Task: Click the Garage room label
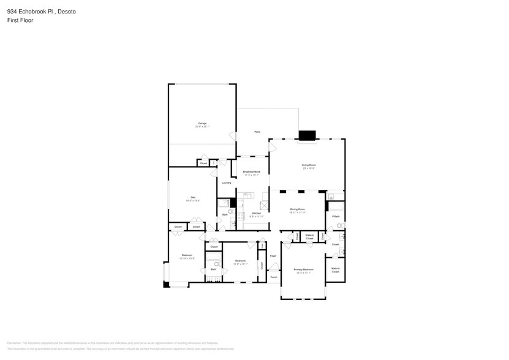[x=202, y=124]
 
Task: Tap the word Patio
[x=258, y=132]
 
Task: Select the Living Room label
[x=308, y=165]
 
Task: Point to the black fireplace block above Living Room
[x=306, y=135]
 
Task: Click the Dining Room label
[x=298, y=210]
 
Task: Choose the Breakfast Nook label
[x=252, y=172]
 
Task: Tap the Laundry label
[x=226, y=182]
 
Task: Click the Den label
[x=192, y=197]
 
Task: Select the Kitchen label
[x=255, y=214]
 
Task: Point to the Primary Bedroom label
[x=303, y=269]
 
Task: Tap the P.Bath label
[x=336, y=216]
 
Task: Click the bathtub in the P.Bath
[x=335, y=197]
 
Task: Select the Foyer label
[x=273, y=256]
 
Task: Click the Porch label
[x=273, y=277]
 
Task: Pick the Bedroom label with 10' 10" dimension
[x=187, y=255]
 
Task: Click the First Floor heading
[x=20, y=20]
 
